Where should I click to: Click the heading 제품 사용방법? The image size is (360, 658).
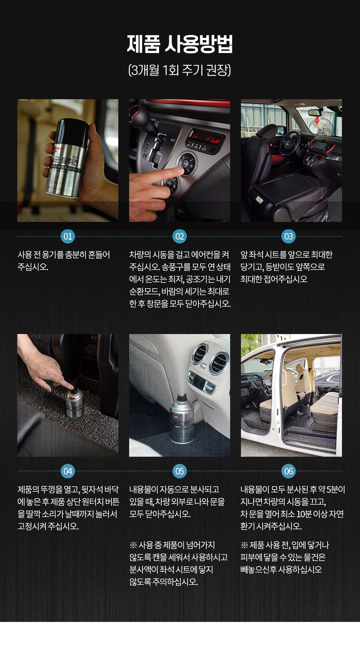(x=180, y=44)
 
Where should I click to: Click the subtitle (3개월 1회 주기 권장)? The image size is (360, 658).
(x=180, y=70)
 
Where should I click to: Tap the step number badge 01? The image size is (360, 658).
(x=68, y=236)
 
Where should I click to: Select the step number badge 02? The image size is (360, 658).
(x=180, y=236)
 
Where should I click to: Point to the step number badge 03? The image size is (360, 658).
(x=288, y=236)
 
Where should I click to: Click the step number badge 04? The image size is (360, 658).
(x=68, y=471)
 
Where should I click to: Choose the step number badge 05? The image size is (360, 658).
(x=180, y=471)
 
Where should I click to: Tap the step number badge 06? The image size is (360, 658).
(x=288, y=471)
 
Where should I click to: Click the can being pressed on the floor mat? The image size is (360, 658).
(x=74, y=403)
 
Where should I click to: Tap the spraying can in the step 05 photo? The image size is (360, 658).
(x=182, y=418)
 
